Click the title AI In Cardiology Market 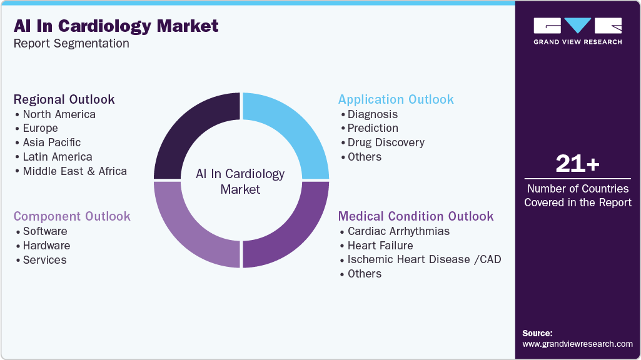[x=116, y=26]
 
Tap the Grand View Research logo [x=577, y=31]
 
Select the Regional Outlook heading [x=64, y=99]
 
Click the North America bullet [x=59, y=114]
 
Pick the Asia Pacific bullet [x=51, y=142]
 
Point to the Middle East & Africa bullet [x=74, y=171]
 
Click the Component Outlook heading [x=72, y=216]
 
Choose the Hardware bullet [x=46, y=246]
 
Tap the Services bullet [x=44, y=260]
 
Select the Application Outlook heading [x=396, y=99]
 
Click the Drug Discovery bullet [x=385, y=142]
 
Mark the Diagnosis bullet [x=372, y=114]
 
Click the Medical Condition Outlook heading [x=416, y=216]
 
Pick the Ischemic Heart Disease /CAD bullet [x=424, y=259]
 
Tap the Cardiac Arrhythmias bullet [x=398, y=231]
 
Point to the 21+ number [x=577, y=164]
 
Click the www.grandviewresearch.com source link [x=577, y=344]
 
